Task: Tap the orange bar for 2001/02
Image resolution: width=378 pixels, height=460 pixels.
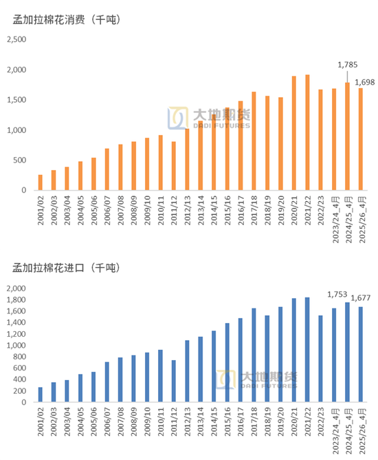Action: pyautogui.click(x=40, y=182)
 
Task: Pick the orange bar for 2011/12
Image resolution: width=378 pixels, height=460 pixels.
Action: pyautogui.click(x=173, y=166)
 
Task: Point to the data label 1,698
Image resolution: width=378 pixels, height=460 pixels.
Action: pyautogui.click(x=364, y=83)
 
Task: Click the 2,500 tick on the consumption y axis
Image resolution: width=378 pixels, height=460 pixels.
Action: pyautogui.click(x=16, y=40)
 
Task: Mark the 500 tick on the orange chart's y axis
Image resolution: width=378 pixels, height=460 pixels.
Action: pyautogui.click(x=20, y=160)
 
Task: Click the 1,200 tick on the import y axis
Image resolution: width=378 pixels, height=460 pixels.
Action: pyautogui.click(x=16, y=334)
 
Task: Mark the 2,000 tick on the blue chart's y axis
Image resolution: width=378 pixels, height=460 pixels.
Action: pyautogui.click(x=16, y=289)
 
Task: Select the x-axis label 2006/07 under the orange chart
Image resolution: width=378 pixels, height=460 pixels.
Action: pyautogui.click(x=107, y=211)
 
